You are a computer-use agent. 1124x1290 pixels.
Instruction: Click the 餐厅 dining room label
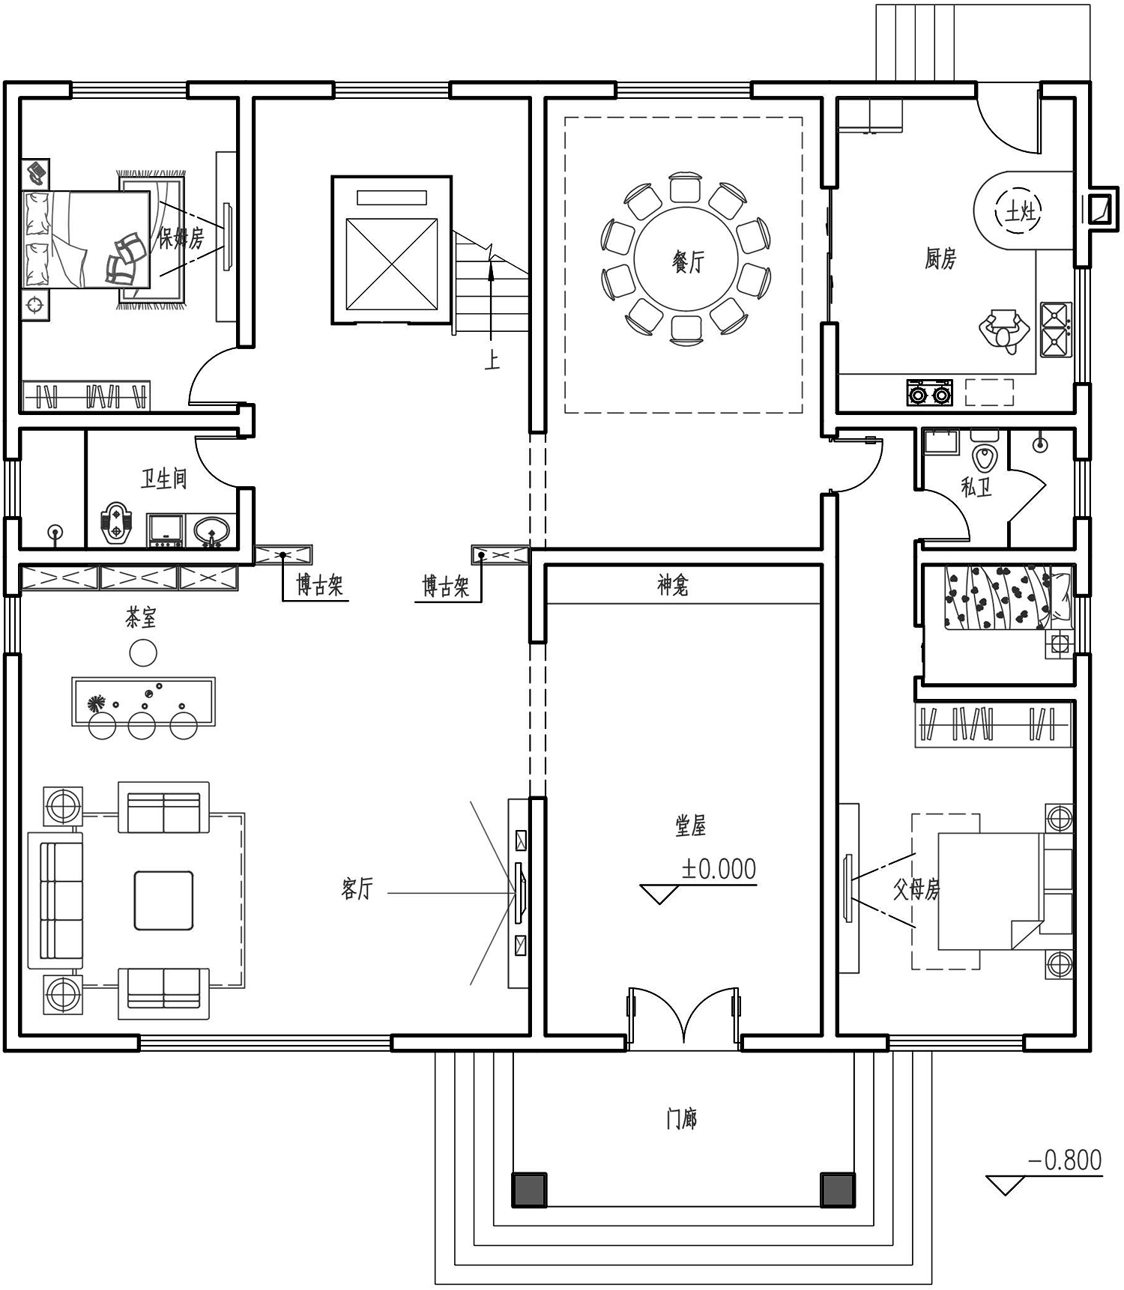tap(688, 262)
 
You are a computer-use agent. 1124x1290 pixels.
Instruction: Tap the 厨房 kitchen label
tap(940, 259)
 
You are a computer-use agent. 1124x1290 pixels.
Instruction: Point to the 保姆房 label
tap(181, 238)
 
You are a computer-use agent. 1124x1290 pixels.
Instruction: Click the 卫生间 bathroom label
tap(163, 479)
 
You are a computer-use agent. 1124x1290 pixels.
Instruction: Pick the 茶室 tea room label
tap(141, 618)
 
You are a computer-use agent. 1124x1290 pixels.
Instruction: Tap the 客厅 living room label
tap(357, 888)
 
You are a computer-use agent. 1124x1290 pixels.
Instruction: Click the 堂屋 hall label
tap(690, 826)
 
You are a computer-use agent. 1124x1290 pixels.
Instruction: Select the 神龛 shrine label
tap(673, 586)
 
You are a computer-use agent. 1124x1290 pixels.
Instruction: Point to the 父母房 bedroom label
tap(916, 890)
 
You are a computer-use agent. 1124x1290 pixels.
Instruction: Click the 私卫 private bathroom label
tap(976, 488)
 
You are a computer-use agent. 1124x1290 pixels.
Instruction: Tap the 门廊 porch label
tap(681, 1119)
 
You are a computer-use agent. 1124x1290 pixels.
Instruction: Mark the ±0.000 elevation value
tap(719, 869)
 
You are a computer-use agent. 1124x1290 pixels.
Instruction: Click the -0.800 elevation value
tap(1065, 1160)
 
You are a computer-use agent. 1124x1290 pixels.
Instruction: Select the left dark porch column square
tap(529, 1190)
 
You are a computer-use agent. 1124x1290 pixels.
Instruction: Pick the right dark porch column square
tap(838, 1190)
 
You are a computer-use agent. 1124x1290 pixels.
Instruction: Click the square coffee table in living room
tap(163, 900)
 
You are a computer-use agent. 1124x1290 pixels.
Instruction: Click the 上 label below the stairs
tap(492, 361)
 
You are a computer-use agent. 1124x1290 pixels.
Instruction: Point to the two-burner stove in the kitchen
tap(929, 393)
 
